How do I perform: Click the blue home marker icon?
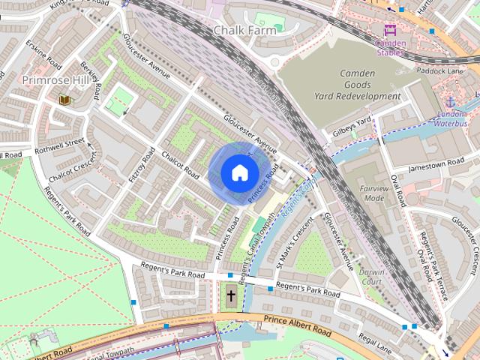(238, 173)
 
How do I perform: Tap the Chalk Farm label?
(244, 31)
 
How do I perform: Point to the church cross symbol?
(231, 296)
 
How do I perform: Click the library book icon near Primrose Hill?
(64, 99)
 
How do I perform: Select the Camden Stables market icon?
(389, 31)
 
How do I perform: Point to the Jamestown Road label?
(436, 165)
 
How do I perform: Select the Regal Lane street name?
(375, 342)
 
